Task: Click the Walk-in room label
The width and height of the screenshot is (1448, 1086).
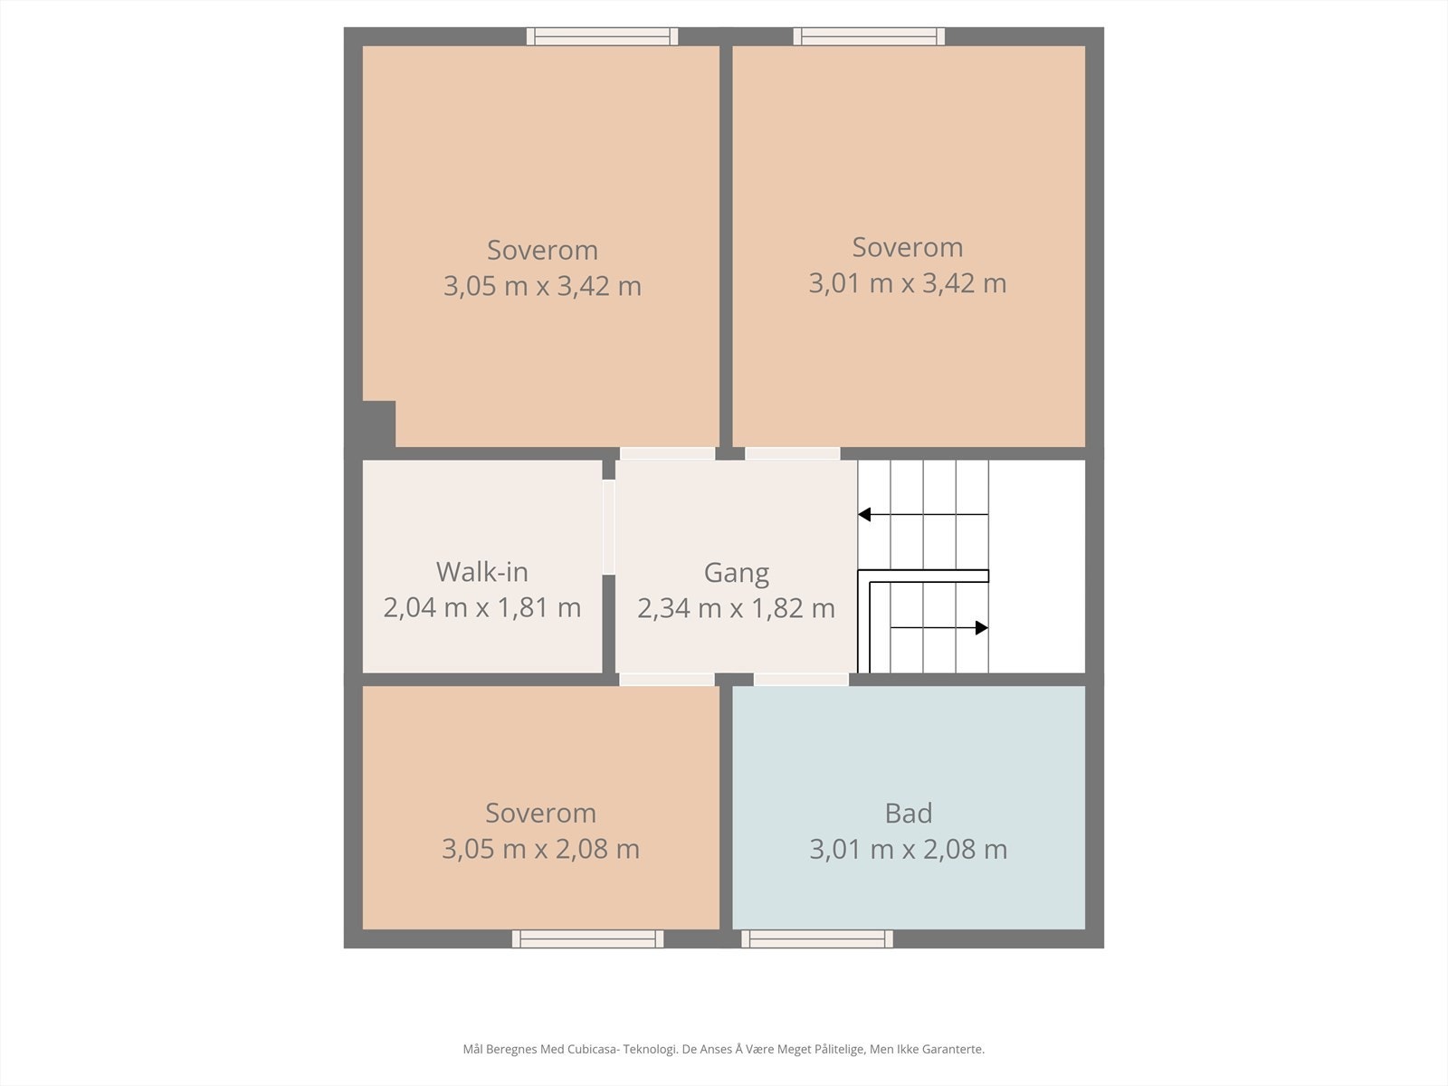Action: [x=482, y=572]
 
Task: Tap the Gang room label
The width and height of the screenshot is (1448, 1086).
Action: [x=736, y=573]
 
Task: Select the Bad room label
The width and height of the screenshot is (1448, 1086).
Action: [x=909, y=813]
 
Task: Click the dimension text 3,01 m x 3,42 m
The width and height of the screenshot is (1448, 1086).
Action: [x=908, y=283]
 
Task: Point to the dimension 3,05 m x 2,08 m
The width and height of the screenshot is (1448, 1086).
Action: [x=540, y=849]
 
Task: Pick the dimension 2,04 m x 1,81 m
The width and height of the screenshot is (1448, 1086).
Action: [x=482, y=607]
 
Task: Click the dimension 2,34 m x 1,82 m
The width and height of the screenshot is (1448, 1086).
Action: [x=736, y=608]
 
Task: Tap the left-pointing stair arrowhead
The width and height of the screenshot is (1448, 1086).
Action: [x=864, y=514]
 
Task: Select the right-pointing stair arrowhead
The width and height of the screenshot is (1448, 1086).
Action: [x=982, y=628]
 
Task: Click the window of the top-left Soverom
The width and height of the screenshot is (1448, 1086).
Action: [x=603, y=36]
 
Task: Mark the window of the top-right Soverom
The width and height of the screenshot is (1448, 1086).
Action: [x=869, y=36]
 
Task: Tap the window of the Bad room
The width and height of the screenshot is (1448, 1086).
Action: [x=817, y=939]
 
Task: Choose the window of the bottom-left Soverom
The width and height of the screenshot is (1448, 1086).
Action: [x=587, y=939]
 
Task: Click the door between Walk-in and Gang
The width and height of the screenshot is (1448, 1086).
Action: [x=609, y=527]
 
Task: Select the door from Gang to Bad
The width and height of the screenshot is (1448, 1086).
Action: [x=801, y=679]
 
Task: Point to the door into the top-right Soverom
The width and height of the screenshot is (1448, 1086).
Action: [x=792, y=453]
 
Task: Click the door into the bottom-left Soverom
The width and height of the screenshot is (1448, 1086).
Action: [x=667, y=679]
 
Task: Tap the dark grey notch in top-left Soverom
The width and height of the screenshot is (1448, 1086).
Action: [x=378, y=424]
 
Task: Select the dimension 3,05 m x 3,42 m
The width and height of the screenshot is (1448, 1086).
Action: [x=542, y=286]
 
